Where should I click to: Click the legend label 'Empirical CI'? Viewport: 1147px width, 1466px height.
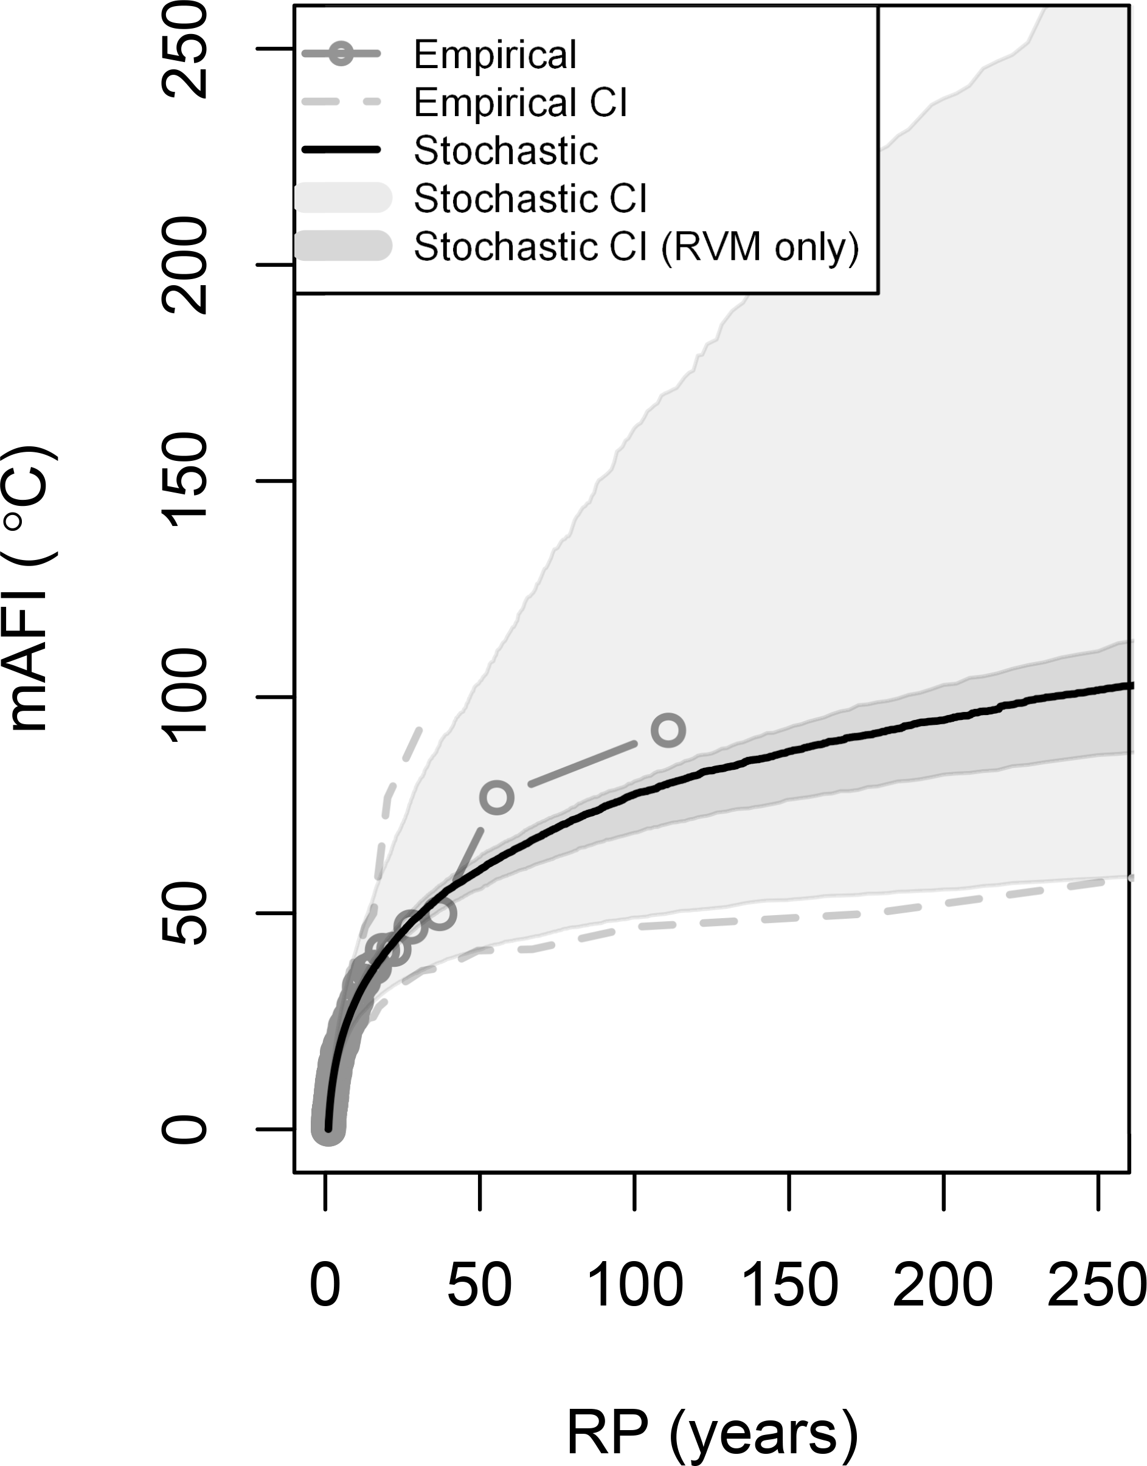pos(521,103)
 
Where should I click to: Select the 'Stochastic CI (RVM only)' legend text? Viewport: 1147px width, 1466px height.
pos(636,247)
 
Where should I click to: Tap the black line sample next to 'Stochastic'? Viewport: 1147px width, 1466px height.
pos(341,150)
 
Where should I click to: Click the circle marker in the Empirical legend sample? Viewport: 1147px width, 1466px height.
pos(341,54)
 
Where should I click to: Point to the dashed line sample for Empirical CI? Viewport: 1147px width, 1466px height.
pos(341,103)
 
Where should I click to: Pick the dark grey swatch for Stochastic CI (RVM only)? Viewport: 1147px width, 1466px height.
pos(342,246)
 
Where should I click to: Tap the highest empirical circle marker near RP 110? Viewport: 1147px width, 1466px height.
pos(668,730)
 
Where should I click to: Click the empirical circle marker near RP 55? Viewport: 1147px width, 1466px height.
pos(496,797)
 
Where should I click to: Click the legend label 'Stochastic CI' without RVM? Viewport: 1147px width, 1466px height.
pos(530,199)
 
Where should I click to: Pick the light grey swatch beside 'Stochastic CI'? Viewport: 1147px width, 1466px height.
pos(342,198)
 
